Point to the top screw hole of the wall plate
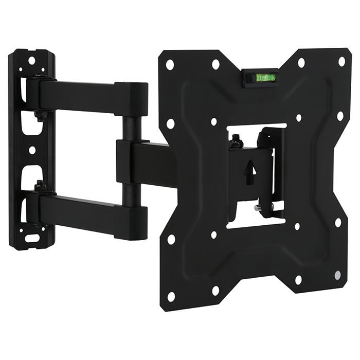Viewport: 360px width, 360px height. pyautogui.click(x=32, y=61)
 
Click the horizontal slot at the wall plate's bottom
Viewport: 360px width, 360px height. pyautogui.click(x=31, y=239)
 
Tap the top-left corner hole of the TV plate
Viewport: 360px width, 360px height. pyautogui.click(x=170, y=65)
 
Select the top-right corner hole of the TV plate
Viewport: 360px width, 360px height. pyautogui.click(x=341, y=61)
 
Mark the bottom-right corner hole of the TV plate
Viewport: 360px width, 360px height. pyautogui.click(x=337, y=275)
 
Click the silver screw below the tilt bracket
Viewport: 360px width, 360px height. pyautogui.click(x=257, y=208)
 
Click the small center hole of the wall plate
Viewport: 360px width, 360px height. pyautogui.click(x=32, y=150)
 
